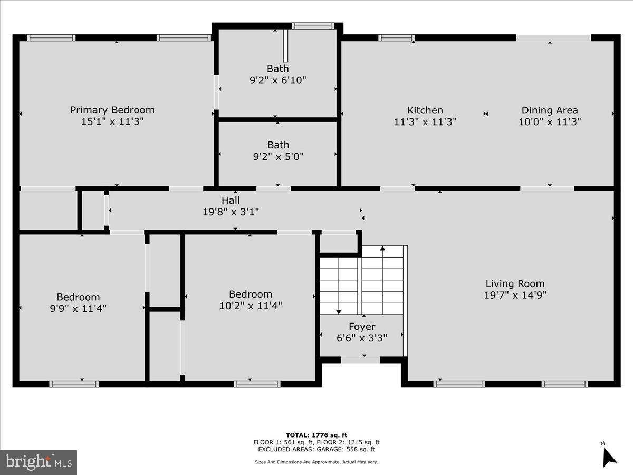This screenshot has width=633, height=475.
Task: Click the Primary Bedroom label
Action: [x=112, y=110]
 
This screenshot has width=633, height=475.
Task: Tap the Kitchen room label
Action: [x=425, y=110]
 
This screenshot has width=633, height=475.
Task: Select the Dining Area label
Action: [x=550, y=110]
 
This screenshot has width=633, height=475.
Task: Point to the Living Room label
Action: [x=515, y=283]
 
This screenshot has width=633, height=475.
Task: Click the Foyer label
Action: [x=362, y=327]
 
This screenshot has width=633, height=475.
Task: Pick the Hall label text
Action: [x=231, y=201]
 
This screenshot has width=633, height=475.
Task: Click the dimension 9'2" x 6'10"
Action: [x=277, y=80]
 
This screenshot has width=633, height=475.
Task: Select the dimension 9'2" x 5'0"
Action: [x=277, y=156]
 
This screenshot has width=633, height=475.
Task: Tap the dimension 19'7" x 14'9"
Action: [x=515, y=295]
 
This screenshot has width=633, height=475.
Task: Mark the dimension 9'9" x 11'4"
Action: [x=78, y=308]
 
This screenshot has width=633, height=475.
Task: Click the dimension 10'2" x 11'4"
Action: [x=251, y=306]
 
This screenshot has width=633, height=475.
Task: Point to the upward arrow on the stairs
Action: [x=382, y=249]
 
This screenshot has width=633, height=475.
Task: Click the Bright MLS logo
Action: [x=39, y=462]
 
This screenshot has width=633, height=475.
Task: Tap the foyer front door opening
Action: [x=360, y=360]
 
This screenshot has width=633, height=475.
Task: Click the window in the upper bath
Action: [x=313, y=26]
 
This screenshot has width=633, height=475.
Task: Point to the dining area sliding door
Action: [x=553, y=37]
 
